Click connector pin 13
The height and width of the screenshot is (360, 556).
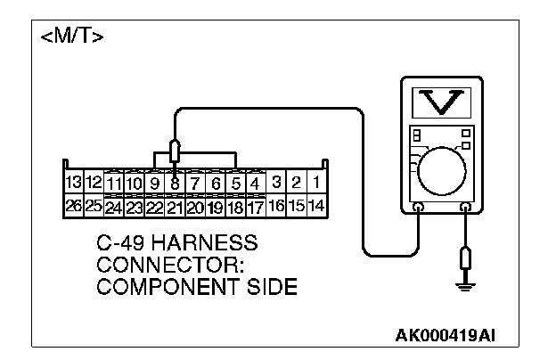(x=75, y=183)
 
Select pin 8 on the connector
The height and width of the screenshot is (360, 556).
(x=176, y=184)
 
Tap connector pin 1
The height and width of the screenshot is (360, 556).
(x=316, y=183)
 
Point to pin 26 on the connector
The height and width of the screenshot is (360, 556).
(x=75, y=206)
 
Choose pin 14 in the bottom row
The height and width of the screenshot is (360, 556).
(x=316, y=206)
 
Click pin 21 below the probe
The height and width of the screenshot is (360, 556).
(x=176, y=207)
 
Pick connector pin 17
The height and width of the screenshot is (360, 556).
(x=256, y=207)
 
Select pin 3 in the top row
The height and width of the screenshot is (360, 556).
(x=276, y=183)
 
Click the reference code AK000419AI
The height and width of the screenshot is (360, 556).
(x=446, y=335)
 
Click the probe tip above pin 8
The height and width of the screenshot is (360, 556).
(x=176, y=147)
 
